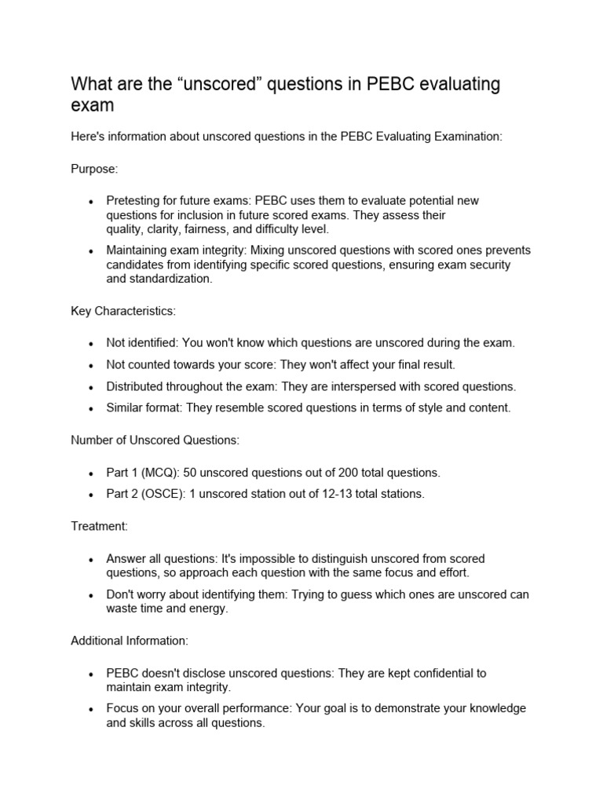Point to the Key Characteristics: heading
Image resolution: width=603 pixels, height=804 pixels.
click(x=123, y=311)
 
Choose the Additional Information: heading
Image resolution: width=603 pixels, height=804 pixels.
click(x=130, y=641)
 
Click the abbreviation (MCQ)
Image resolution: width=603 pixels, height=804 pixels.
click(x=157, y=472)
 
